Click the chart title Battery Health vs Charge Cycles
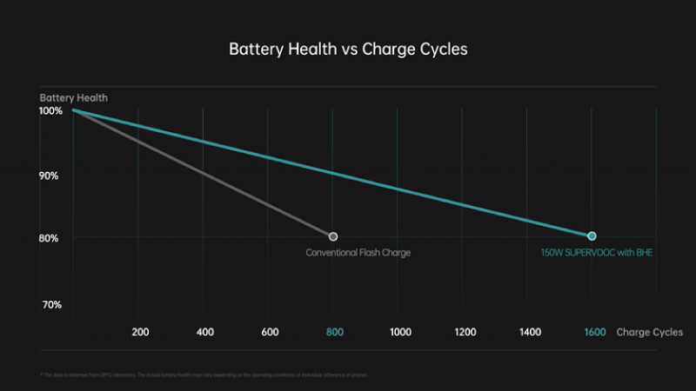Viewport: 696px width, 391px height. click(348, 50)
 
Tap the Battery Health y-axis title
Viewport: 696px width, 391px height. click(73, 97)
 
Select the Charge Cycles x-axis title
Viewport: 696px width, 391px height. click(649, 332)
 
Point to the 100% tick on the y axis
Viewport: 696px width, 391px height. click(50, 111)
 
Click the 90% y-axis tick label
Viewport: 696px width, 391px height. click(50, 176)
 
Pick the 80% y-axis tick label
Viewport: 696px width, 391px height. click(50, 238)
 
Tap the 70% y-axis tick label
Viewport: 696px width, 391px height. click(50, 305)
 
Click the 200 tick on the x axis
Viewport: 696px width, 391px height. click(140, 332)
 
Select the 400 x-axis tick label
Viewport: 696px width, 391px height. click(205, 332)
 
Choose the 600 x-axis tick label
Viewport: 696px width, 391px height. click(270, 332)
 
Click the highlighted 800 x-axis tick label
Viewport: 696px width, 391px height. click(335, 332)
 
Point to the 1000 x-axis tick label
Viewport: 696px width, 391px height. click(400, 332)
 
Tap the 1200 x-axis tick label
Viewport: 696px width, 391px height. click(465, 332)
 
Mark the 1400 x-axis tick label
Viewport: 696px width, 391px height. click(530, 332)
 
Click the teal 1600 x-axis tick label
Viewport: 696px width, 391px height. click(595, 332)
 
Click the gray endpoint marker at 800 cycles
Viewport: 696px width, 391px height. click(333, 236)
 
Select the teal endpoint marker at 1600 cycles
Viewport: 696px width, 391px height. click(592, 236)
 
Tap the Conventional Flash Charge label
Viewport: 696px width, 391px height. click(358, 253)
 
